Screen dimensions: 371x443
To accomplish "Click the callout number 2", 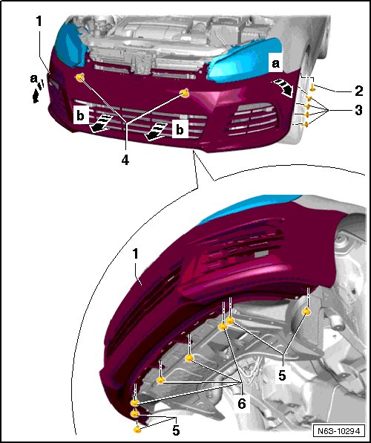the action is click(x=358, y=91).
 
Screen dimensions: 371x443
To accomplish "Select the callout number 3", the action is click(x=358, y=110).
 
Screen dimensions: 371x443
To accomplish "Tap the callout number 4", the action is click(x=125, y=161).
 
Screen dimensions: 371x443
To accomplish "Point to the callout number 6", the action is click(x=241, y=404).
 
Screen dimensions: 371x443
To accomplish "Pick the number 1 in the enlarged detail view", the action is click(x=136, y=254).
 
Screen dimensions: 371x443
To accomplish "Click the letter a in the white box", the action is click(x=275, y=64).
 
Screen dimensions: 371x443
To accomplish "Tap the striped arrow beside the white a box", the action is click(x=283, y=88).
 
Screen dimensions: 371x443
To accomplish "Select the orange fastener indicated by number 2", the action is click(x=312, y=87).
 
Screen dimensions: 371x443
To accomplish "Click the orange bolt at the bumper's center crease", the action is click(x=185, y=93).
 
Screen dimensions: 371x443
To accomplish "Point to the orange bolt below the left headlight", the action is click(x=80, y=77).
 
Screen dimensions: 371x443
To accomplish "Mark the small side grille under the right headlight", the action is click(x=252, y=118).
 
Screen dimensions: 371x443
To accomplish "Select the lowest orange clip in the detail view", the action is click(x=137, y=429).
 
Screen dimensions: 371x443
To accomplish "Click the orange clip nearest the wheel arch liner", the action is click(x=306, y=311).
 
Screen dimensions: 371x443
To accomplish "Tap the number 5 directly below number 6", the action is click(x=176, y=430).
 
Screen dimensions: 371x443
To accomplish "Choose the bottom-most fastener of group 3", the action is click(x=305, y=124).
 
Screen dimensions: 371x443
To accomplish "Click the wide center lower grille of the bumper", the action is click(x=139, y=120).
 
